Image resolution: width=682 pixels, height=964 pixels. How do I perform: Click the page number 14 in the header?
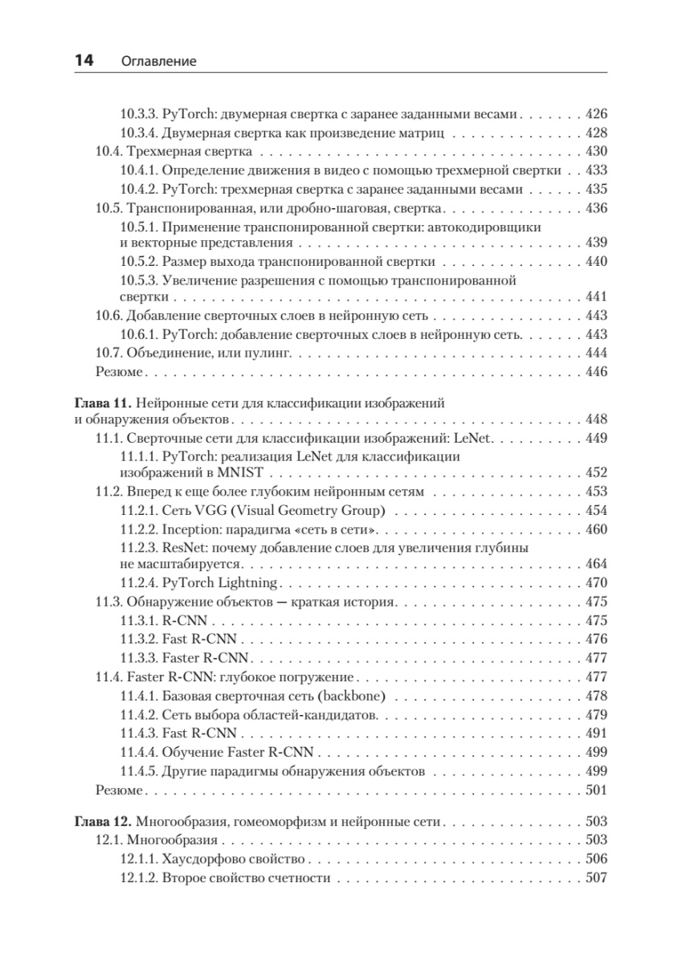click(x=84, y=60)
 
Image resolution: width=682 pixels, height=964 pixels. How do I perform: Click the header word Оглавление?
click(x=159, y=61)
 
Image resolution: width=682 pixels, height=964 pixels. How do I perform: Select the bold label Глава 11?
click(x=101, y=402)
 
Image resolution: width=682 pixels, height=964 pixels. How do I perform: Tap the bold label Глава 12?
click(x=101, y=822)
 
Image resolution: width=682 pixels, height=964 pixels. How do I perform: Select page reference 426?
click(x=597, y=114)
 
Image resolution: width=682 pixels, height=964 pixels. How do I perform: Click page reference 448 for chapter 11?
click(x=597, y=419)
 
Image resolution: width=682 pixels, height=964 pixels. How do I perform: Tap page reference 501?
click(x=597, y=790)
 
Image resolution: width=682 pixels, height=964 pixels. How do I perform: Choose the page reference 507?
click(x=597, y=878)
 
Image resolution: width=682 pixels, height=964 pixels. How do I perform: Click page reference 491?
click(x=597, y=733)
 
